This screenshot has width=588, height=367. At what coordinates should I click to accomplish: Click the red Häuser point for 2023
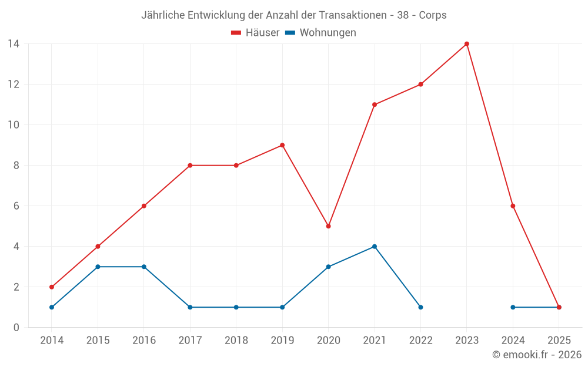[x=467, y=44]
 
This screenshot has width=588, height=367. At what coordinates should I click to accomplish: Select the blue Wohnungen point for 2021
[x=375, y=247]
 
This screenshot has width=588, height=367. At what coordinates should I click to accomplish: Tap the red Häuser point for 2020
[x=328, y=226]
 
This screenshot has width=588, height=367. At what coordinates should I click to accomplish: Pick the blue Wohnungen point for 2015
[x=98, y=267]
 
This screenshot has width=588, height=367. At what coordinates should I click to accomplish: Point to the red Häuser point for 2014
[x=52, y=287]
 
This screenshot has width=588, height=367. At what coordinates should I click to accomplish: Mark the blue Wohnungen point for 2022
[x=420, y=307]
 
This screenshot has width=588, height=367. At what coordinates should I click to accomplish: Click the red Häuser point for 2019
[x=282, y=145]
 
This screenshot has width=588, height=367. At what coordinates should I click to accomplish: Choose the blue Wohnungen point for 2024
[x=513, y=307]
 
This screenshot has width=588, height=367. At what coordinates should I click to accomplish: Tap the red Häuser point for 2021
[x=375, y=105]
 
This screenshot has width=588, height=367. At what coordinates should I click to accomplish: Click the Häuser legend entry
[x=255, y=33]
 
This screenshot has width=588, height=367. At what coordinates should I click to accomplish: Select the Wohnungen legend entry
[x=321, y=33]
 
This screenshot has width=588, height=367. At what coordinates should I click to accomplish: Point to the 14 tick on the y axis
[x=14, y=44]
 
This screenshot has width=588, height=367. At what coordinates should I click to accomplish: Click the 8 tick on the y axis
[x=16, y=166]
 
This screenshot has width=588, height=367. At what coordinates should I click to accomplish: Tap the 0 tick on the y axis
[x=16, y=328]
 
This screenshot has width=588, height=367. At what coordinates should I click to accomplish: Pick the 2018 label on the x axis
[x=236, y=341]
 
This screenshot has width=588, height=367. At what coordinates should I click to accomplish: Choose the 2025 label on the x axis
[x=559, y=341]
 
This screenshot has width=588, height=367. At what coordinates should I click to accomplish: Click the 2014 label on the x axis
[x=52, y=341]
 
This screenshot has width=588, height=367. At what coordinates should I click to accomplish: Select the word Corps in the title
[x=433, y=15]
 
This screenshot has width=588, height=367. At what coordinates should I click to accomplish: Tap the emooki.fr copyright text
[x=537, y=355]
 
